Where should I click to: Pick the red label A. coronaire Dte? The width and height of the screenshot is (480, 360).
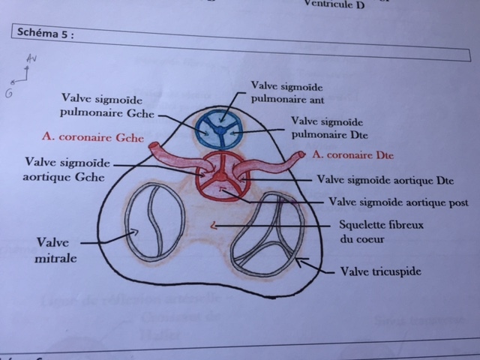tap(353, 154)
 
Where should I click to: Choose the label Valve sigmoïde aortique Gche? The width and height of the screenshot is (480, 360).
tap(63, 168)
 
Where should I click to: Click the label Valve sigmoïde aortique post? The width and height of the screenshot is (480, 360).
tap(398, 202)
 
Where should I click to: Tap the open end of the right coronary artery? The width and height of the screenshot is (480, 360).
tap(301, 155)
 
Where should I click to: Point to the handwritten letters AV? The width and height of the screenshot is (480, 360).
tap(30, 58)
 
